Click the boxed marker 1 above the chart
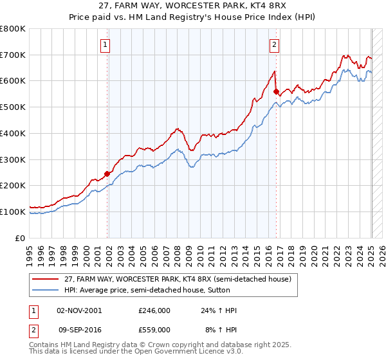coord(105,45)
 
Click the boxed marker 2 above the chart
coord(274,45)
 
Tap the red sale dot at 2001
coord(107,174)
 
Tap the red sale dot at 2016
coord(277,91)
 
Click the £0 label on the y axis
coord(21,238)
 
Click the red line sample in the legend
coord(44,279)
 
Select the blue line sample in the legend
coord(44,290)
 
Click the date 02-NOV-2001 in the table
coord(79,310)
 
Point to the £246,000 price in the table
coord(154,310)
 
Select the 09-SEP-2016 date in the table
coord(79,329)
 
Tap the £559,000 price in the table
coord(154,329)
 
